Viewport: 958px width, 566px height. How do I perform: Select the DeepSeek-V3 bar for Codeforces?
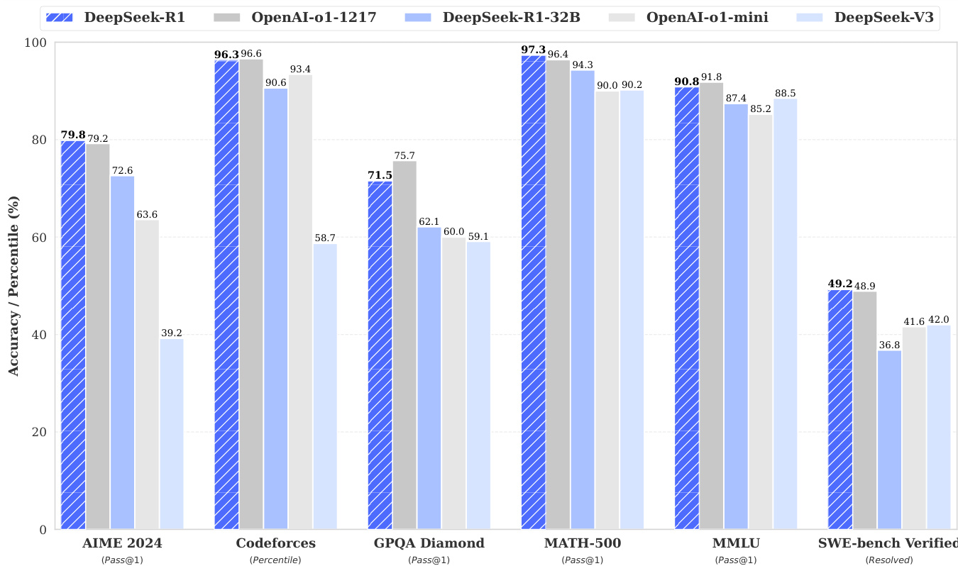pos(325,387)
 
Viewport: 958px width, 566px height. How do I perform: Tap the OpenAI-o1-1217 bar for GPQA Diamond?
pos(405,345)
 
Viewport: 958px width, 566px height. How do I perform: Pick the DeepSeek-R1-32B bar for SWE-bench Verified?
pos(890,440)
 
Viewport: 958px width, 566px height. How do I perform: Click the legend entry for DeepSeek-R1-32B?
pos(510,18)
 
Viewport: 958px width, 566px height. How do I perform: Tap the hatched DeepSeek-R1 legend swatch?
pos(62,18)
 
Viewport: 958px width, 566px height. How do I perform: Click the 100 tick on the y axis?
pos(35,43)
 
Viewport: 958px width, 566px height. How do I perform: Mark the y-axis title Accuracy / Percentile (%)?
pos(13,287)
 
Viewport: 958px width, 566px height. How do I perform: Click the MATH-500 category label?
pos(583,544)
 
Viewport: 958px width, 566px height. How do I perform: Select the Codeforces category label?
pos(275,544)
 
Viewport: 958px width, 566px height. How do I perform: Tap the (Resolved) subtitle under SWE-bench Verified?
pos(889,560)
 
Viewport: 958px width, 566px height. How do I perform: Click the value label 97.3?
pos(533,49)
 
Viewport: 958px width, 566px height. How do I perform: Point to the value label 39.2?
pos(172,333)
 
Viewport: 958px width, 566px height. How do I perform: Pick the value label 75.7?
pos(405,155)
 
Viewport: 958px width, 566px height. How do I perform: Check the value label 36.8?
pos(890,345)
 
